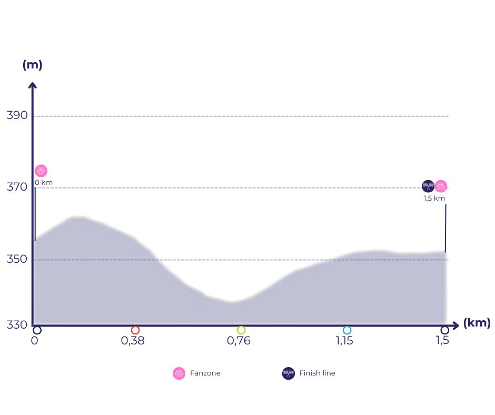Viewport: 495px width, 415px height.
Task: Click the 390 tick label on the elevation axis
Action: pyautogui.click(x=16, y=115)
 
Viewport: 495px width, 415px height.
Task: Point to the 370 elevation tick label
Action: pyautogui.click(x=16, y=187)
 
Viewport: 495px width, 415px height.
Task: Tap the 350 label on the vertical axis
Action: pyautogui.click(x=16, y=259)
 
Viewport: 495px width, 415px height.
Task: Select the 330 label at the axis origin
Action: pyautogui.click(x=16, y=324)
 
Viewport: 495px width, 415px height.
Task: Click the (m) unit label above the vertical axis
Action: pyautogui.click(x=32, y=65)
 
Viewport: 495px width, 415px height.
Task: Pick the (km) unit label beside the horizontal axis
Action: pyautogui.click(x=477, y=323)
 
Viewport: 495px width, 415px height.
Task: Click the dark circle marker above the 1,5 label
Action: pyautogui.click(x=445, y=330)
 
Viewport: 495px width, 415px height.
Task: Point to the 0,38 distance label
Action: pyautogui.click(x=133, y=341)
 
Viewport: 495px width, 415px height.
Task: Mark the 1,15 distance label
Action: pyautogui.click(x=344, y=341)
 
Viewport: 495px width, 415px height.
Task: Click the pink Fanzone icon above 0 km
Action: pyautogui.click(x=41, y=171)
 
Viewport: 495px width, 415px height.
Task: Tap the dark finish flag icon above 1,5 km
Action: pyautogui.click(x=428, y=186)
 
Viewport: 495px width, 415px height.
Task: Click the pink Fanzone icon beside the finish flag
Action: pyautogui.click(x=441, y=186)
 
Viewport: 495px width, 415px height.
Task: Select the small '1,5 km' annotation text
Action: pyautogui.click(x=434, y=199)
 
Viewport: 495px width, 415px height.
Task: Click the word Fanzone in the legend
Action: pyautogui.click(x=205, y=373)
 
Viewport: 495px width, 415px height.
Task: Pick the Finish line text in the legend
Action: pyautogui.click(x=317, y=373)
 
